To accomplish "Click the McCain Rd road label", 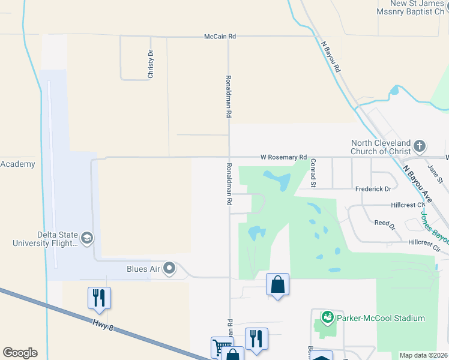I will [x=220, y=37].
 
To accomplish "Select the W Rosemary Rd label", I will [x=283, y=157].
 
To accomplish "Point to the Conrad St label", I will [x=313, y=173].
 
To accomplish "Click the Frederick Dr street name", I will [x=373, y=188].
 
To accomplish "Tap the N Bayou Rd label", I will [x=331, y=57].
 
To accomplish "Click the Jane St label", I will [x=435, y=175].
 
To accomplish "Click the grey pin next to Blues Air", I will [x=170, y=268].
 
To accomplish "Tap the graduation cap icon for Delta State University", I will [x=86, y=239].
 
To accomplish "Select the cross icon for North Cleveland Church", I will [x=420, y=146].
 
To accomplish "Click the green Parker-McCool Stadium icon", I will [x=327, y=316].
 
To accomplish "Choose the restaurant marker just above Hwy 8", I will [x=100, y=298].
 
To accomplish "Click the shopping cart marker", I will [x=221, y=346].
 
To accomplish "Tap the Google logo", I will [x=20, y=353].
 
